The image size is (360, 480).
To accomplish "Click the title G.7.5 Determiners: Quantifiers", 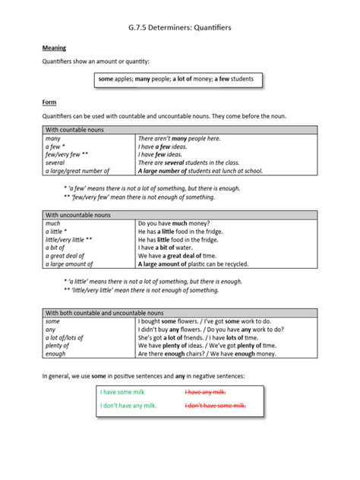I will tap(179, 27).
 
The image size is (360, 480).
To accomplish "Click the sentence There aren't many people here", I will tap(179, 139).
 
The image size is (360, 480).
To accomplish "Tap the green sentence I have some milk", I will tap(122, 392).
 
